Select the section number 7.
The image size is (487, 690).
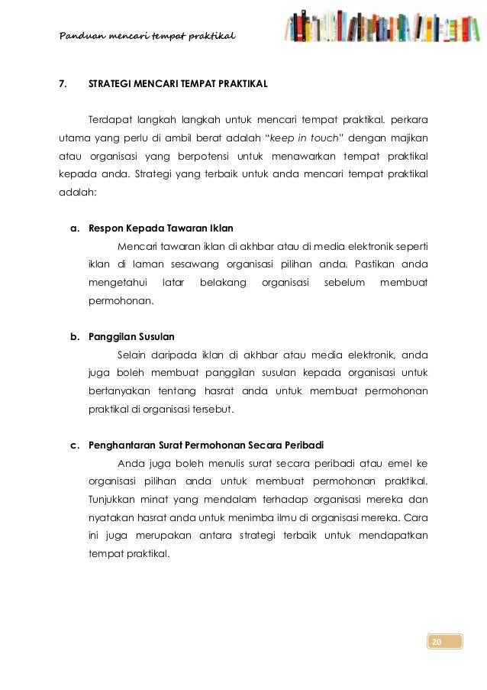point(63,83)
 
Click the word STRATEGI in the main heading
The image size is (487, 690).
point(110,83)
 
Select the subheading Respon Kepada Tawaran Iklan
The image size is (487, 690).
point(161,228)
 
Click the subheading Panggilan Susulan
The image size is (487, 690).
point(132,336)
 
